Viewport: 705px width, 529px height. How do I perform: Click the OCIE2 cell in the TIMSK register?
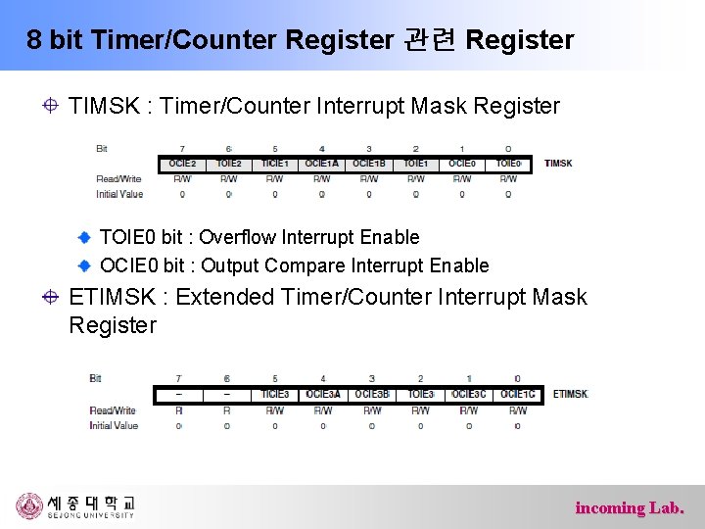coord(182,164)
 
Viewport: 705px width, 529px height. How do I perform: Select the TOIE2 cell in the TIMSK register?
coord(228,164)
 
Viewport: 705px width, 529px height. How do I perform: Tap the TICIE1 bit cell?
coord(275,164)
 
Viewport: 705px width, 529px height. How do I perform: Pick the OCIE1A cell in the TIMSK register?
coord(321,164)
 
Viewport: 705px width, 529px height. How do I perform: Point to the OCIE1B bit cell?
coord(368,164)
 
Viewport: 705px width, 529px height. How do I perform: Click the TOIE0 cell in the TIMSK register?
coord(508,164)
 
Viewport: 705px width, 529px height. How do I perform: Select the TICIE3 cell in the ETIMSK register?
coord(275,394)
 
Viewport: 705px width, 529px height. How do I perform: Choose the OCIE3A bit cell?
coord(323,394)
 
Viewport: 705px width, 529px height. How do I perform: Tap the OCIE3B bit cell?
coord(372,394)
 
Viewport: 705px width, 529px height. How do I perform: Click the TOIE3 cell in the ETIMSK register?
coord(421,394)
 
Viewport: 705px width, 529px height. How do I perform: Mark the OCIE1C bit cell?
coord(517,394)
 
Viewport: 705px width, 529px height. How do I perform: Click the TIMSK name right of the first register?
coord(558,164)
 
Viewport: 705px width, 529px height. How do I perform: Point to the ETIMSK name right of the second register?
coord(571,394)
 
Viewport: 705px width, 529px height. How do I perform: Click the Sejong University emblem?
coord(29,505)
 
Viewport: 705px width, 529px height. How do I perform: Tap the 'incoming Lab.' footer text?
coord(630,507)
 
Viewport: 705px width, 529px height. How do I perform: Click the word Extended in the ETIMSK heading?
coord(221,297)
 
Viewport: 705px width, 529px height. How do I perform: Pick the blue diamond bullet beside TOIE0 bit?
coord(86,237)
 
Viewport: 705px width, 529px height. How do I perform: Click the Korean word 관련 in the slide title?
coord(428,40)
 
